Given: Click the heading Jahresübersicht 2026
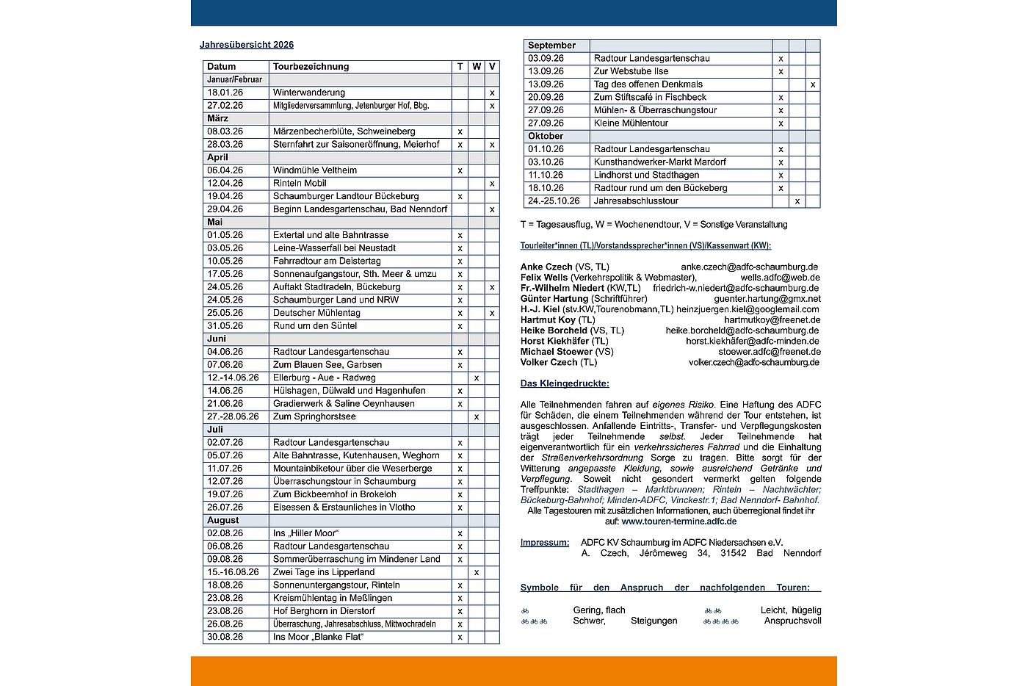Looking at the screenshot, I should tap(247, 45).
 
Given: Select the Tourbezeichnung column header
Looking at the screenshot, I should tap(311, 67).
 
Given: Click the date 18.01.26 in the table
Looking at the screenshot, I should tap(225, 93).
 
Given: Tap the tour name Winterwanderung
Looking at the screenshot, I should tap(308, 93).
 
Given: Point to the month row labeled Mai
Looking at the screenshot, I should tap(214, 222).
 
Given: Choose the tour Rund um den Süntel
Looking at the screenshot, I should tap(314, 326).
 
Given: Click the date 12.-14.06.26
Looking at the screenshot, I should tap(233, 378).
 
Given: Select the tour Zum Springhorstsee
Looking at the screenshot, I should tap(314, 416).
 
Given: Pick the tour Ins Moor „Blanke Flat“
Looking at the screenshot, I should tap(318, 637).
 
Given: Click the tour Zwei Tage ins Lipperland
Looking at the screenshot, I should tap(323, 572).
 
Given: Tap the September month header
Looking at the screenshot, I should tap(551, 46).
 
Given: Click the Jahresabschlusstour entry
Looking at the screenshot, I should tap(636, 201).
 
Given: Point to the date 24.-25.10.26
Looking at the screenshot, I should tap(554, 201).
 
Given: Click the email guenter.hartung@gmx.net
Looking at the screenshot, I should tap(767, 299).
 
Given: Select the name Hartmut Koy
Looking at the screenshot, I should tap(548, 320).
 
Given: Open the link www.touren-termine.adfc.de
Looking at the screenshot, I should tap(678, 521).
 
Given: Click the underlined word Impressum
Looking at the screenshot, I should tap(544, 543).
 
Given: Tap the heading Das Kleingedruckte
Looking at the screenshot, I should tap(564, 383).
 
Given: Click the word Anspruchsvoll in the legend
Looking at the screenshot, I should tap(792, 621).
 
